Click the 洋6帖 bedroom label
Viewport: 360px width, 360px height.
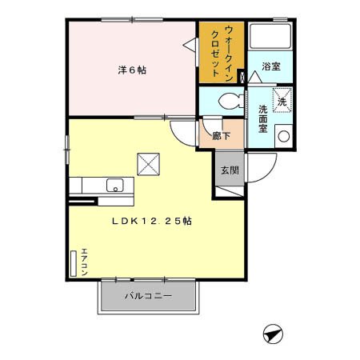(x=132, y=70)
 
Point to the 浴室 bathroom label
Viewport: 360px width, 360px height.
(x=271, y=68)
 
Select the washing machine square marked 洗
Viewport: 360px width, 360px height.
(x=282, y=101)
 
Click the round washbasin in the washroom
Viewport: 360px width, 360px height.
(x=282, y=135)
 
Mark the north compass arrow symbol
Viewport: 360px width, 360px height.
(x=273, y=334)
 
